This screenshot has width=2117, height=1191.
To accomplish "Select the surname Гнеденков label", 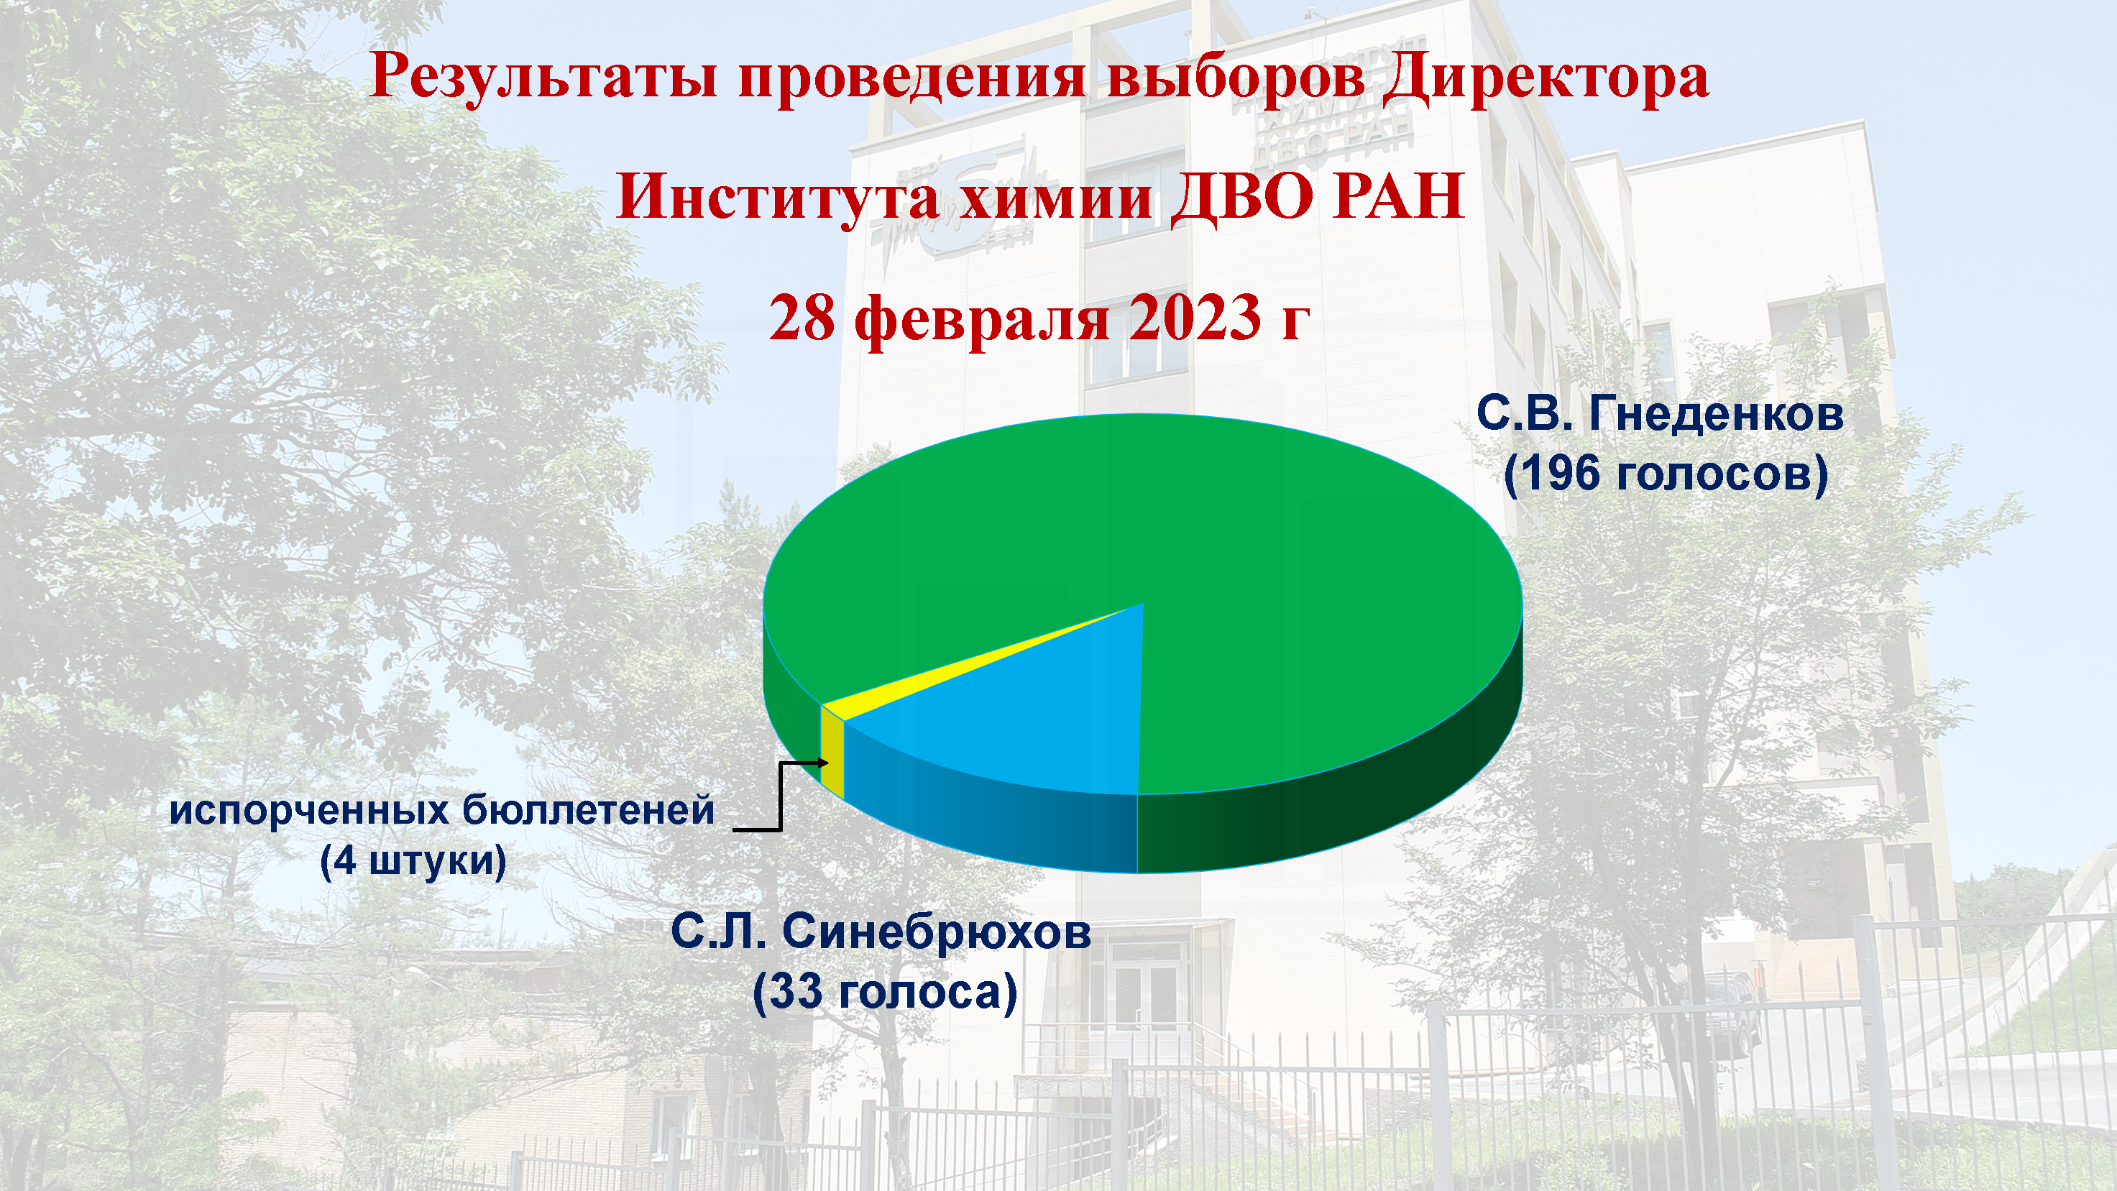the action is [x=1716, y=413].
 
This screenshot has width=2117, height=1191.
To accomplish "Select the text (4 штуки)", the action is [x=413, y=861].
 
